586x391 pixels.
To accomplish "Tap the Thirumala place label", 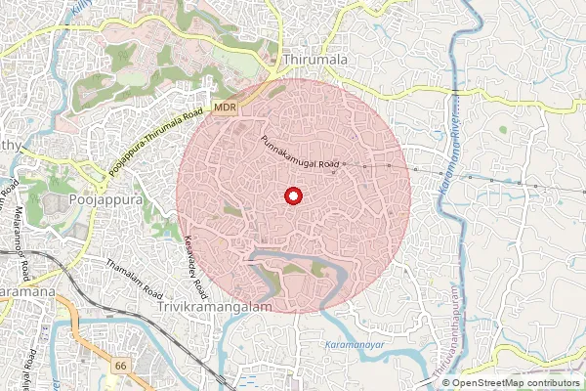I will click(x=314, y=61).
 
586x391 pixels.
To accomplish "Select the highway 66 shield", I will click(x=121, y=366).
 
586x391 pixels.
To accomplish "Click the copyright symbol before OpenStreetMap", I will click(x=447, y=383).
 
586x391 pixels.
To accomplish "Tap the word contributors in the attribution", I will click(x=552, y=383).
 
